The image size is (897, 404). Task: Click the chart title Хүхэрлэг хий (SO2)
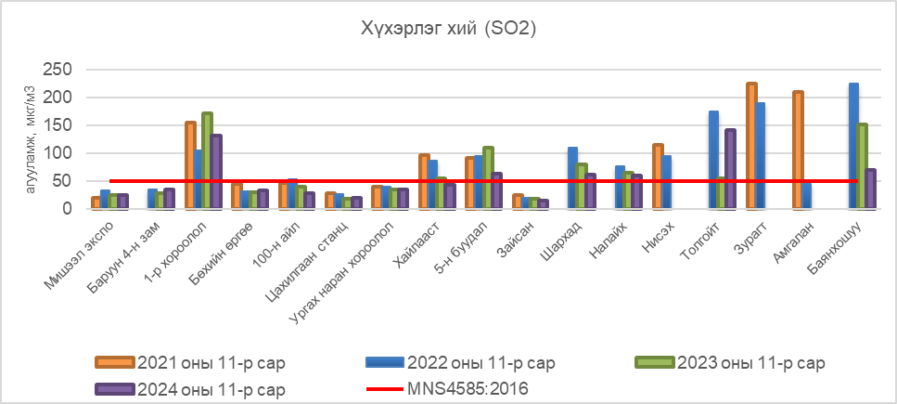pyautogui.click(x=448, y=30)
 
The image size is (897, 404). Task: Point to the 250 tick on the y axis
pyautogui.click(x=59, y=70)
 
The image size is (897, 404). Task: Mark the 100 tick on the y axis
pyautogui.click(x=59, y=153)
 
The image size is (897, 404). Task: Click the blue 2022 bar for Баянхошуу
pyautogui.click(x=853, y=146)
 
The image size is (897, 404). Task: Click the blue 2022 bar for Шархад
pyautogui.click(x=572, y=178)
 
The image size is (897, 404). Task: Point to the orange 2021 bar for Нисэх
pyautogui.click(x=658, y=176)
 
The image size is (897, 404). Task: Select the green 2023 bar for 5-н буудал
pyautogui.click(x=488, y=177)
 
